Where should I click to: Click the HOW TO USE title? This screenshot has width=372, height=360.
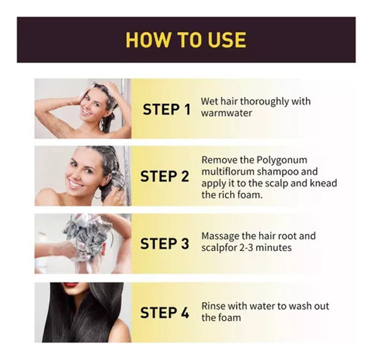pyautogui.click(x=186, y=40)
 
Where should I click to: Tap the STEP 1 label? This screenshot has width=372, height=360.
pyautogui.click(x=166, y=109)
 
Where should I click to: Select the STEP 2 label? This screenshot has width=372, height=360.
pyautogui.click(x=165, y=176)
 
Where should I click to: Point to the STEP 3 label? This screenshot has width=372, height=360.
pyautogui.click(x=165, y=243)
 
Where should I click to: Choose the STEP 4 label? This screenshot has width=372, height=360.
pyautogui.click(x=165, y=312)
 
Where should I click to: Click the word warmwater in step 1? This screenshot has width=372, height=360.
pyautogui.click(x=226, y=113)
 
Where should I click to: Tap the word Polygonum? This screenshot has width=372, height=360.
pyautogui.click(x=282, y=160)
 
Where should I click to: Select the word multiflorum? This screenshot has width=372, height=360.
pyautogui.click(x=228, y=171)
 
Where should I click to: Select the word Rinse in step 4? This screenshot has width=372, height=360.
pyautogui.click(x=212, y=306)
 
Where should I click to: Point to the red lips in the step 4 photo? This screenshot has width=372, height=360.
pyautogui.click(x=71, y=285)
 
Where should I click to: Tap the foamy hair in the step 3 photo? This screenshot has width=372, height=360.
pyautogui.click(x=86, y=234)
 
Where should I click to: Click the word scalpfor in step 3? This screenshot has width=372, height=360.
pyautogui.click(x=219, y=248)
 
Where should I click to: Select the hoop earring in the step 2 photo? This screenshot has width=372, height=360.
pyautogui.click(x=97, y=195)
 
